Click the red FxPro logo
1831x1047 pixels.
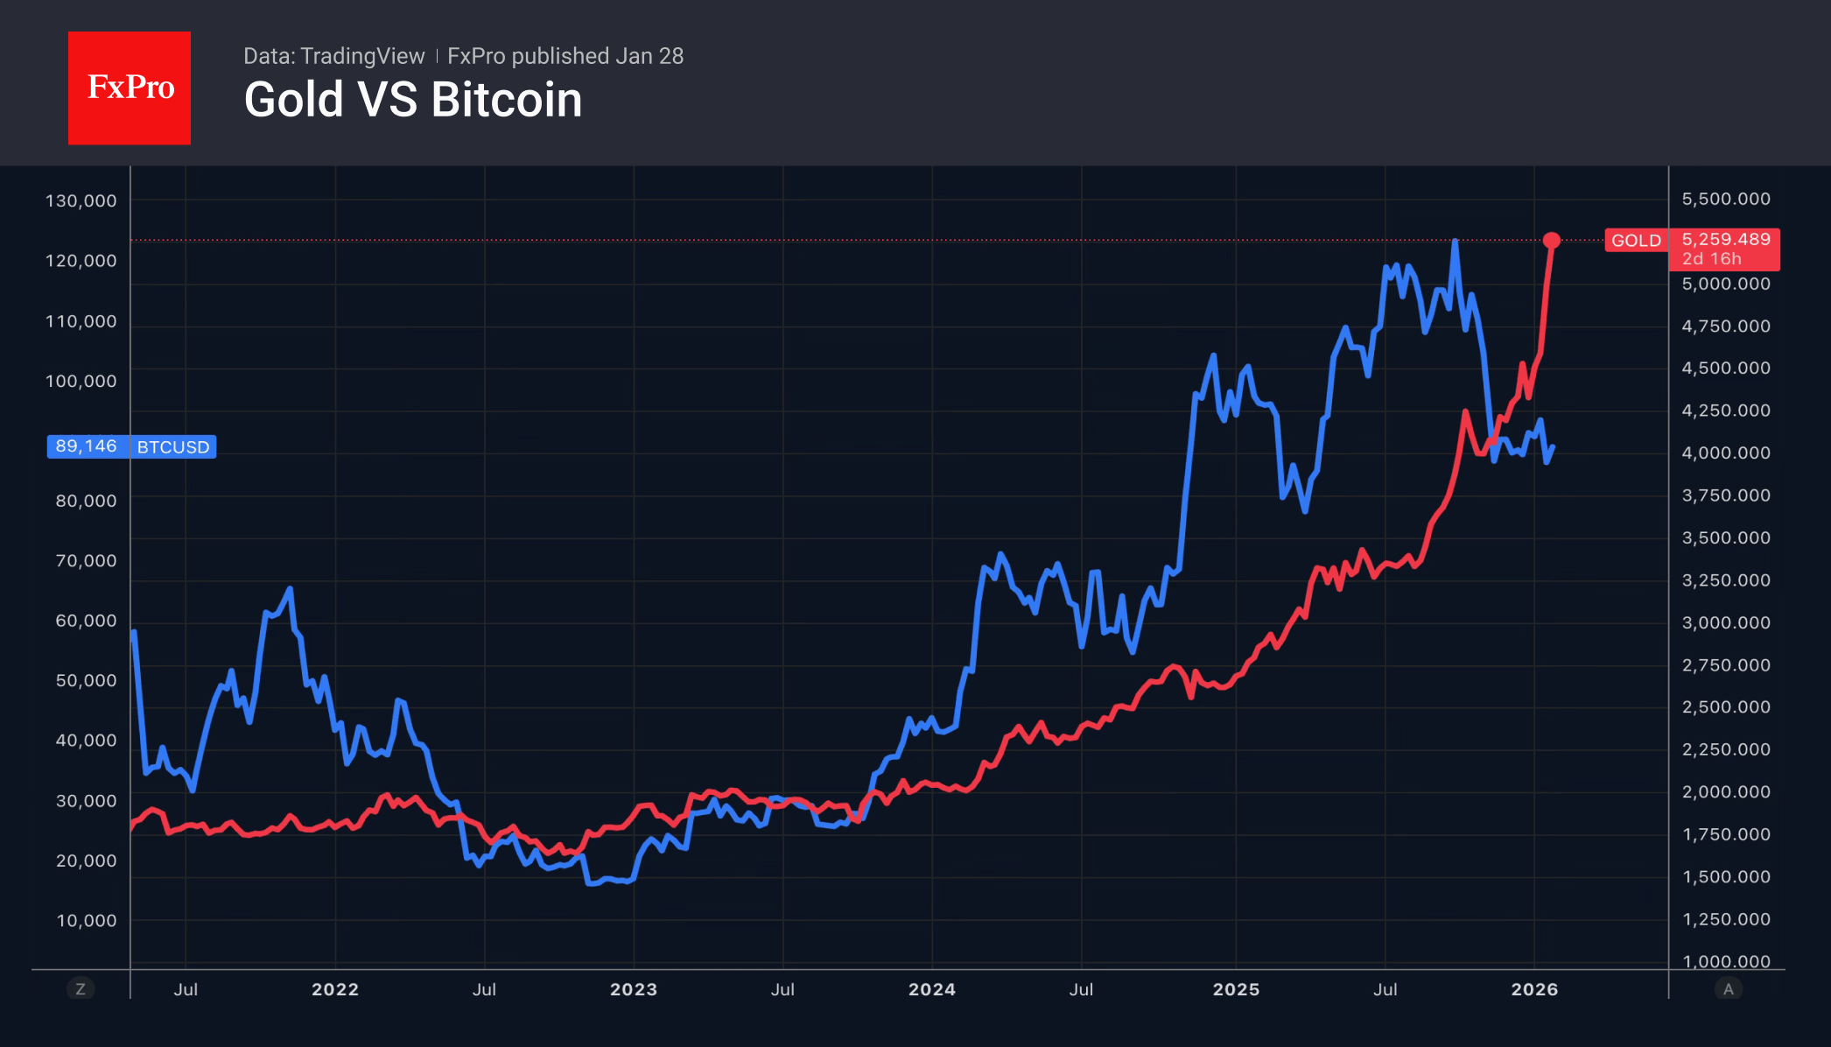[130, 88]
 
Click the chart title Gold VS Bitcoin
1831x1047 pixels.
[412, 100]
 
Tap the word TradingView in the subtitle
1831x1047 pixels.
[362, 56]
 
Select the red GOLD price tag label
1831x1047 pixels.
[1635, 241]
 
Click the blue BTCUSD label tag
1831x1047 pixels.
[173, 447]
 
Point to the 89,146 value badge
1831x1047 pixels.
[86, 446]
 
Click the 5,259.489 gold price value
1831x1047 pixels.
[1725, 239]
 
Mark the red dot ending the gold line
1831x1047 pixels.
[1551, 240]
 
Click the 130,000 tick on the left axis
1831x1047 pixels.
[81, 200]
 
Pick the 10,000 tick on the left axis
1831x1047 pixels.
[86, 920]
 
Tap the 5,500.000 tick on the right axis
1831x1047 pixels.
[1725, 199]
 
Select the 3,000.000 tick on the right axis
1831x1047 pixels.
[1725, 622]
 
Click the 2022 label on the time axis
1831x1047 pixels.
[335, 989]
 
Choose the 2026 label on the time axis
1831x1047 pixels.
[1534, 989]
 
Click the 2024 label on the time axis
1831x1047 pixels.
[931, 989]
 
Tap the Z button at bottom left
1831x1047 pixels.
[81, 989]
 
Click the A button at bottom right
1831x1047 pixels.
[1728, 989]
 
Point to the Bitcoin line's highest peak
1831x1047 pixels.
[1455, 241]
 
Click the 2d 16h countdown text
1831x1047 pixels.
[1711, 259]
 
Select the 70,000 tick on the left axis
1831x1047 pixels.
[86, 560]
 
